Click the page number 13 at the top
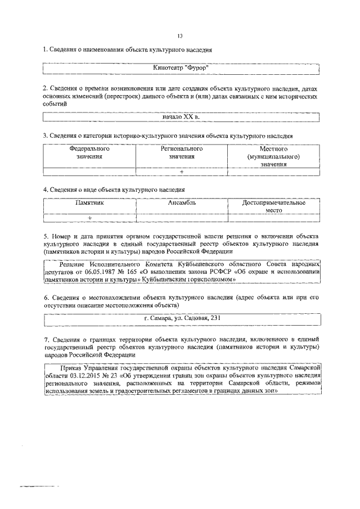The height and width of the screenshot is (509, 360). click(x=181, y=34)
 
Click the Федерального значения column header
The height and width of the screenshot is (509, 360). click(x=89, y=153)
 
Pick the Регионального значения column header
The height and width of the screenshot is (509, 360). click(x=182, y=153)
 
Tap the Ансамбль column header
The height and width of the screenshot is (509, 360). click(x=182, y=203)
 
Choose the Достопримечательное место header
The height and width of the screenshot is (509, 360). click(x=274, y=206)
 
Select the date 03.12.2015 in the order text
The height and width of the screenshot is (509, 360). click(x=82, y=374)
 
